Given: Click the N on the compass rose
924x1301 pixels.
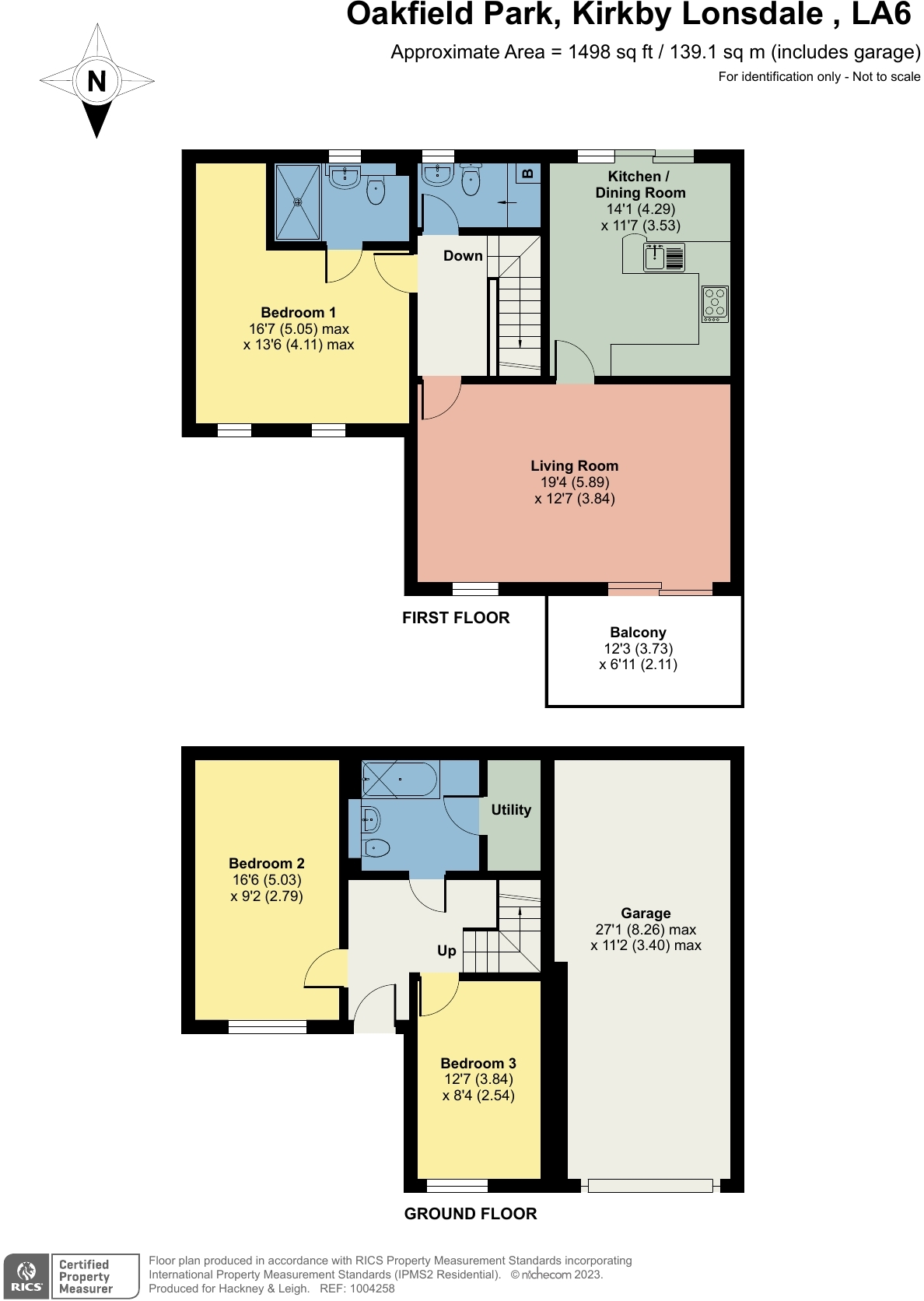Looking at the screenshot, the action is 97,81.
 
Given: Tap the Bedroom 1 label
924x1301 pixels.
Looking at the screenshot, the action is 299,313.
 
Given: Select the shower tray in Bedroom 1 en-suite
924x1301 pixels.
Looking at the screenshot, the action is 298,202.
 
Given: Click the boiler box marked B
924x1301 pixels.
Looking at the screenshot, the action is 528,173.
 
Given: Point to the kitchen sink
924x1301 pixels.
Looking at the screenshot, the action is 664,257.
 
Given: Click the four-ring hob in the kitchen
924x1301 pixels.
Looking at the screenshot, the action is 715,303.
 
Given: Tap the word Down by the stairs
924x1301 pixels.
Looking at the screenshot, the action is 463,255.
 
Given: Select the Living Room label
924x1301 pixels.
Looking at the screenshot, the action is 575,466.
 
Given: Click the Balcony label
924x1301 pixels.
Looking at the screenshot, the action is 638,633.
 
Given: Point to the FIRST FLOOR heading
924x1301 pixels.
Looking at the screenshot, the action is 456,618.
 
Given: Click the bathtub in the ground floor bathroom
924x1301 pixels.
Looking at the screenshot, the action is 401,779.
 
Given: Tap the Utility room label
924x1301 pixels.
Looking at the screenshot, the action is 511,810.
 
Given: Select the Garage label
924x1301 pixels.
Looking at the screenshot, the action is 646,914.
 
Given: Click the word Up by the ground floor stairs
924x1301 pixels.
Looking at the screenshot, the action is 446,951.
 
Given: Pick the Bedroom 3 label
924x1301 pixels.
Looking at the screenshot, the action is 478,1064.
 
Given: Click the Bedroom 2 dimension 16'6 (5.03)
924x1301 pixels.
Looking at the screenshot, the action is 267,880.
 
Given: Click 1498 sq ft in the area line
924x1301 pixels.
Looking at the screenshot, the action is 611,52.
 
